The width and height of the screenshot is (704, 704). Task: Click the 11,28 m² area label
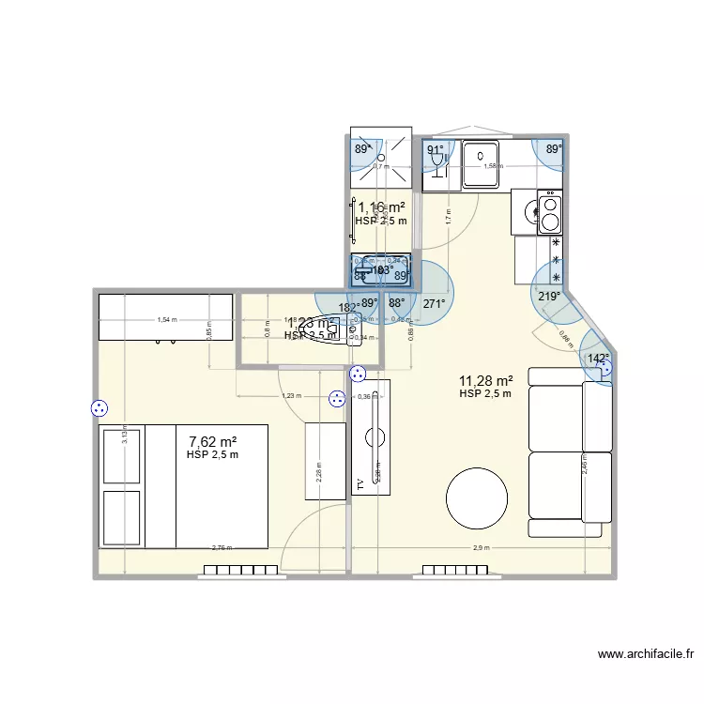tap(485, 380)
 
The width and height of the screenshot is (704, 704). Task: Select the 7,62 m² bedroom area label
tap(212, 441)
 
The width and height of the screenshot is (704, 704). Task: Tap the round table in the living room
tap(477, 500)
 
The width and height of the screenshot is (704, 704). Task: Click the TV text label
tap(359, 484)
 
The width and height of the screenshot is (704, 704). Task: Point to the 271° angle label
tap(434, 304)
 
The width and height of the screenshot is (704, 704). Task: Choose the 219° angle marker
tap(548, 296)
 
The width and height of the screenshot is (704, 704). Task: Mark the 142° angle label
tap(598, 358)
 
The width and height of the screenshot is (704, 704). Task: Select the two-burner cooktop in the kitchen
tap(549, 212)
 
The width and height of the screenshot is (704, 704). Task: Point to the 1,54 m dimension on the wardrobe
tap(166, 320)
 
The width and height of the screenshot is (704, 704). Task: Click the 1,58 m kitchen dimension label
tap(492, 166)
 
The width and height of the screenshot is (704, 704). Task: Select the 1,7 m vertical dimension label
tap(448, 213)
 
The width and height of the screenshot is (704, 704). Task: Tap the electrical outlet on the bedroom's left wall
tap(99, 408)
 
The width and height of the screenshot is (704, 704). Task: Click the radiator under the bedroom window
tap(239, 570)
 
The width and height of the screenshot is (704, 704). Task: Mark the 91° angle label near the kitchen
tap(435, 150)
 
